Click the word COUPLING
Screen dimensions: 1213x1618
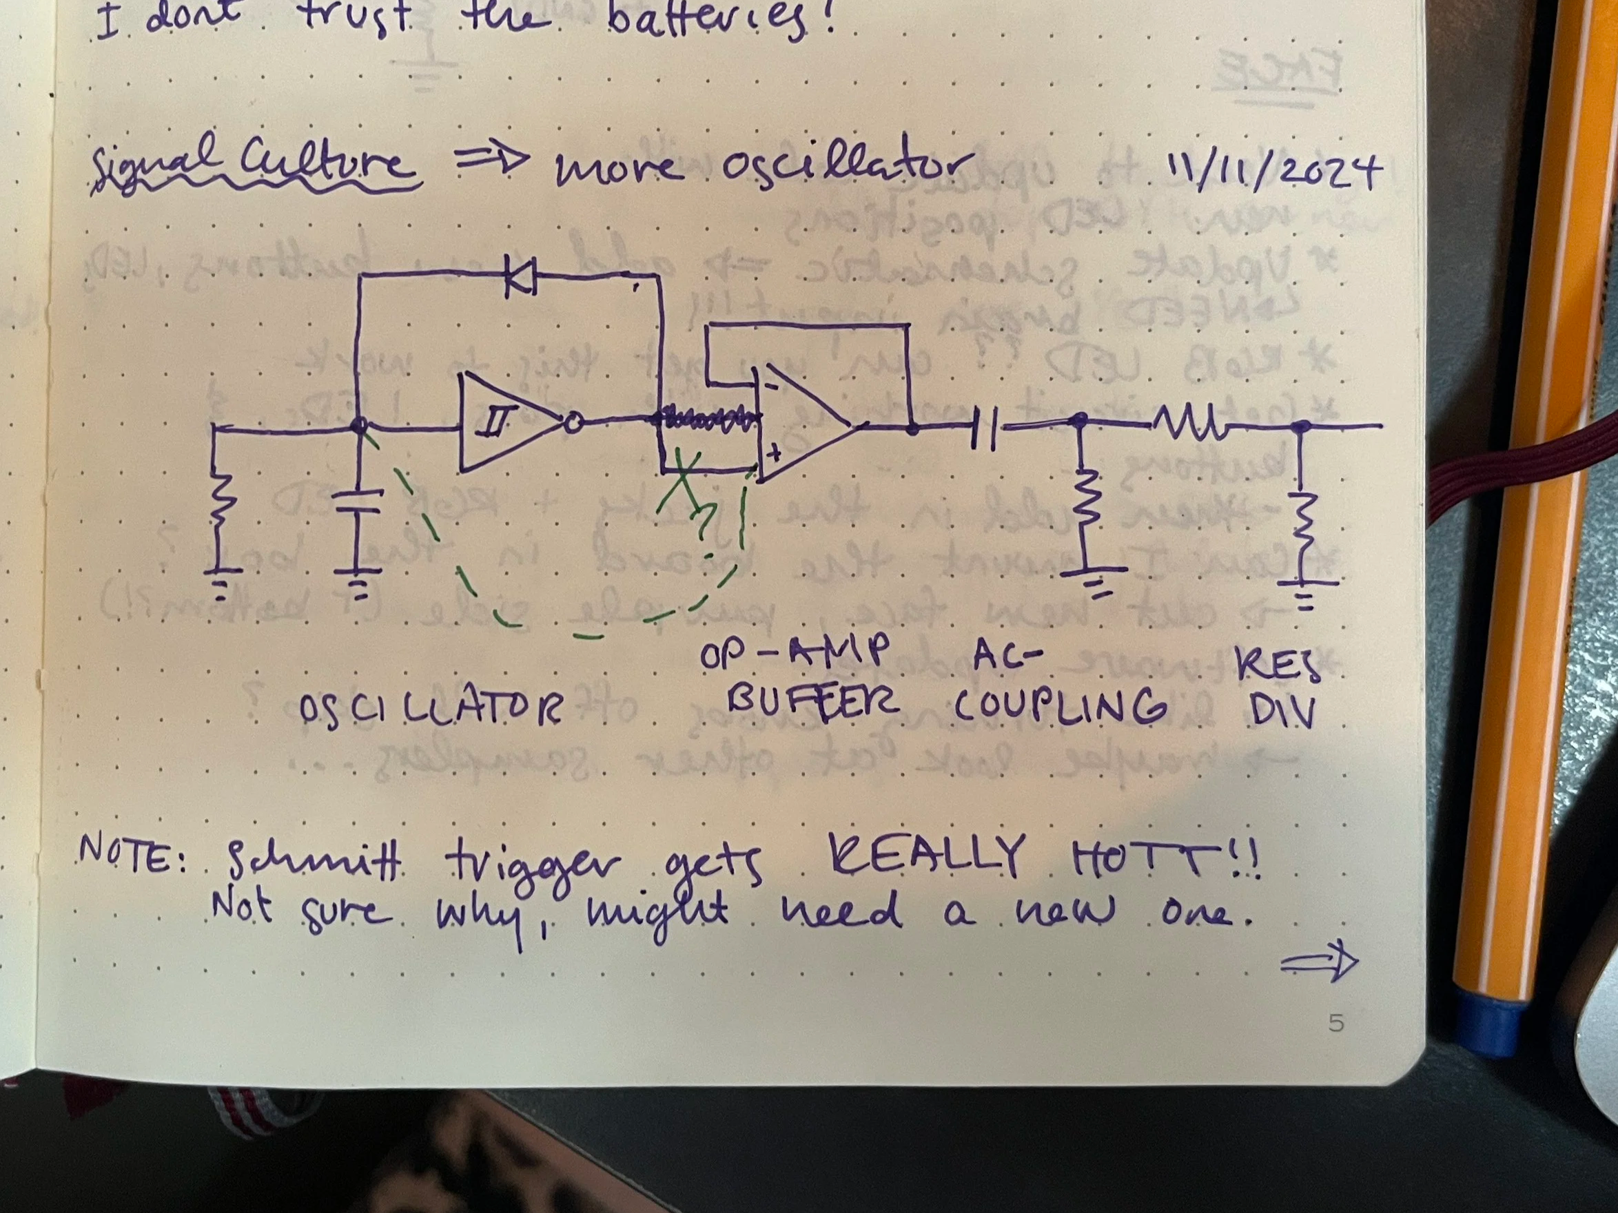click(x=1060, y=705)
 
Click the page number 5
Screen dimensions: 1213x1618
click(x=1335, y=1023)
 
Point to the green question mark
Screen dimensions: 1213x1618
click(x=704, y=521)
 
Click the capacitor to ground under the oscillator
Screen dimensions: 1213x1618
click(x=358, y=504)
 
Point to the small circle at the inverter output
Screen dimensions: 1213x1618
click(x=572, y=423)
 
